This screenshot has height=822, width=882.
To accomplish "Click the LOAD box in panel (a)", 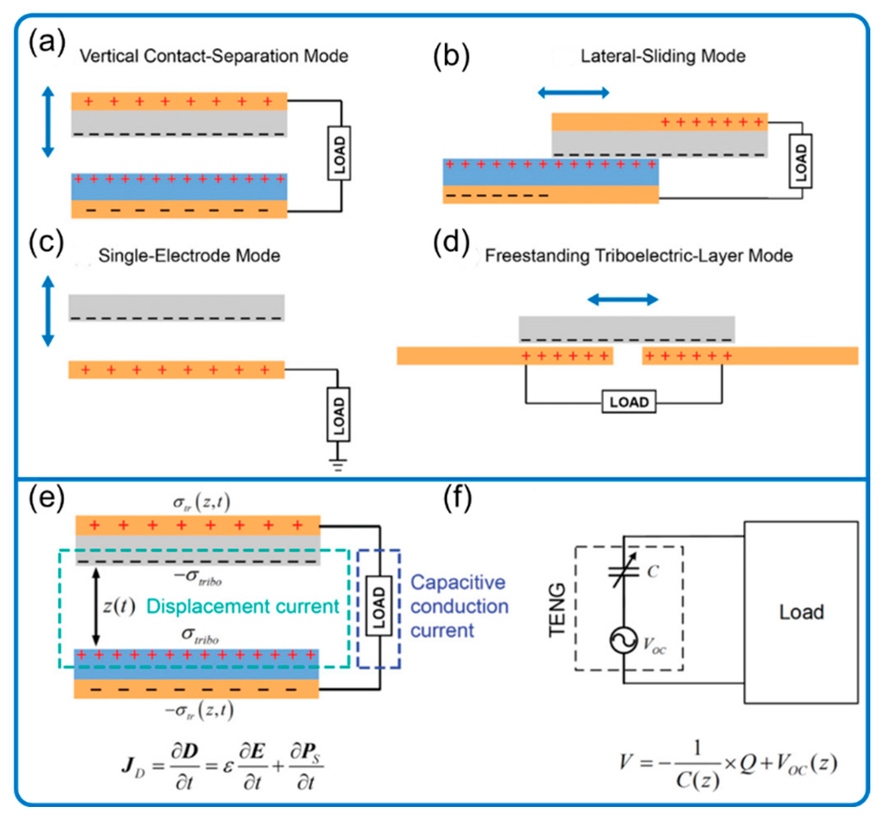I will [x=339, y=153].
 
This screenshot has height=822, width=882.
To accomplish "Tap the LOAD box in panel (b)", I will [x=800, y=161].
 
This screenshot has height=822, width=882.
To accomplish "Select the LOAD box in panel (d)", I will [x=629, y=402].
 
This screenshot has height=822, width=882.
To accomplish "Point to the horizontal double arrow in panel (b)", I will [x=573, y=93].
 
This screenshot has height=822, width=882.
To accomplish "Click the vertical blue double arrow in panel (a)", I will [x=48, y=122].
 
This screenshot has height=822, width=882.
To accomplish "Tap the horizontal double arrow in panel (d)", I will [x=623, y=300].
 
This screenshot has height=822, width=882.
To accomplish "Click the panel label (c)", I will [x=46, y=243].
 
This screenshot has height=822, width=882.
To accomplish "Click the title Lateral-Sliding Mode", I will [x=663, y=56].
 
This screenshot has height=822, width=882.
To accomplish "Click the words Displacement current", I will [x=242, y=606].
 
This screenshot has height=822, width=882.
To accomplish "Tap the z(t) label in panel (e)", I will [x=119, y=606].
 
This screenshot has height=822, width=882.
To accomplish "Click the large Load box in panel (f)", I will [x=801, y=612].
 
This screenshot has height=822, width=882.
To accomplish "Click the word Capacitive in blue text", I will [x=457, y=583].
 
